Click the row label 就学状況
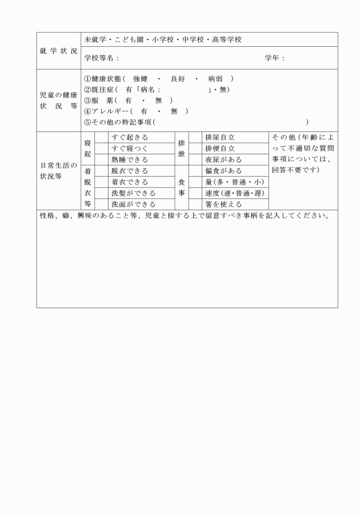tap(59, 51)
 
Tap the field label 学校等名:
tap(101, 58)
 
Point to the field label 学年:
tap(275, 58)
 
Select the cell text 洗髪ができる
tap(133, 193)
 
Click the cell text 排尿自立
tap(220, 138)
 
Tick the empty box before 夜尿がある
tap(195, 159)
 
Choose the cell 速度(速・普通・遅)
tap(234, 193)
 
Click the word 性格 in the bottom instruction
tap(47, 216)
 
